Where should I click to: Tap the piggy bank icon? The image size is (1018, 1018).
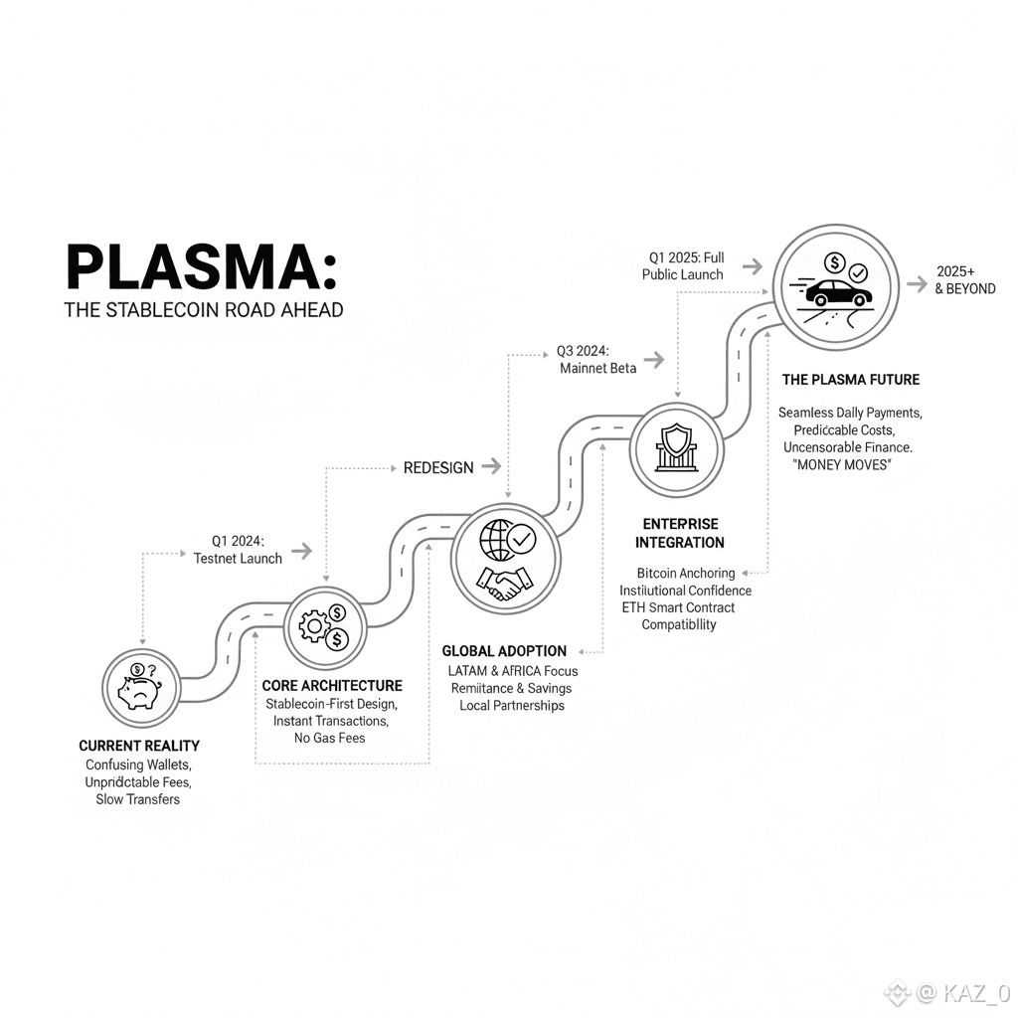tap(141, 687)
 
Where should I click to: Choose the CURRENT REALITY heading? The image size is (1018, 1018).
tap(139, 746)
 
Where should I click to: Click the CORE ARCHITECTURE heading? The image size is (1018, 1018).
tap(332, 686)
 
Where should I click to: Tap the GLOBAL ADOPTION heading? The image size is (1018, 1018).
tap(504, 651)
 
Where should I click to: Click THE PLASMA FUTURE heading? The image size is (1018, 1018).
tap(850, 380)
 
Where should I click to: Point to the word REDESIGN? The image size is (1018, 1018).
tap(437, 467)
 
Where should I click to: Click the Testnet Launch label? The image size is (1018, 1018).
tap(238, 559)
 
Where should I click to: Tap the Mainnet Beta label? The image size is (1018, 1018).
tap(597, 369)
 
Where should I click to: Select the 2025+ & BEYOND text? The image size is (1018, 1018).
tap(964, 280)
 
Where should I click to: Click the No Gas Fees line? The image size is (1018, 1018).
tap(329, 738)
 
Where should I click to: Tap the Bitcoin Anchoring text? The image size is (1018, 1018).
tap(686, 573)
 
